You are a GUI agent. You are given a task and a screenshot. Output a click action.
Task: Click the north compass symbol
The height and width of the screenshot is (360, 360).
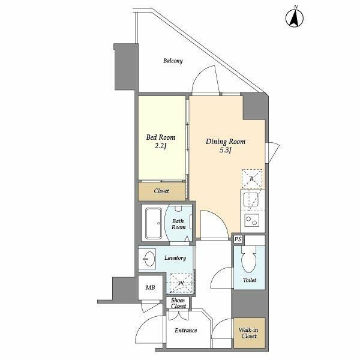tap(295, 17)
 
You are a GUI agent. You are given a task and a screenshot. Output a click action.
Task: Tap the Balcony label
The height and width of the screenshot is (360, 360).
tap(173, 61)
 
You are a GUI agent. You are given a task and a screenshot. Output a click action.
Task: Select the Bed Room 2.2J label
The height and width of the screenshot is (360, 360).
tap(161, 141)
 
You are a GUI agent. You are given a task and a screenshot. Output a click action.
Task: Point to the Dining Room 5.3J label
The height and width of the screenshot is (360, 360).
tap(226, 146)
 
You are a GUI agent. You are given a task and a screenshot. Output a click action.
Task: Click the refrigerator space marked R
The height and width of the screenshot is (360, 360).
tap(252, 179)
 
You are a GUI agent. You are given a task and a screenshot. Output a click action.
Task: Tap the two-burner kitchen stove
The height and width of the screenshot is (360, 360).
tap(251, 220)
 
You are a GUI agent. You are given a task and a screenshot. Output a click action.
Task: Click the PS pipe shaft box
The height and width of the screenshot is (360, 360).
tap(238, 239)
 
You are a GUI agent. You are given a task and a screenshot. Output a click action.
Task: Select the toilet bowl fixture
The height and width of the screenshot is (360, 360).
tap(248, 259)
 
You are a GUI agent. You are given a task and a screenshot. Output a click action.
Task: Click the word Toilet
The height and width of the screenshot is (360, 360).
tap(250, 280)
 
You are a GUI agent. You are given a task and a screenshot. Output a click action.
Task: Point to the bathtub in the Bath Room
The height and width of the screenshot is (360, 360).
tap(154, 223)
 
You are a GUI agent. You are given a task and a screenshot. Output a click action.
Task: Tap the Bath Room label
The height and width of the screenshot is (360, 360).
tap(178, 224)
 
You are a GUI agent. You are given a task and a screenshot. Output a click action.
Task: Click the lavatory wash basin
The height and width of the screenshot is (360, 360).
tap(149, 259)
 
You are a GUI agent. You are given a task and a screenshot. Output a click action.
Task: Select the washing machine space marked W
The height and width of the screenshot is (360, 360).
tap(181, 283)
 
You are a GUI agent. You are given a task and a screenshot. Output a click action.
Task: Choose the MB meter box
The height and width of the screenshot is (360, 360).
tap(151, 287)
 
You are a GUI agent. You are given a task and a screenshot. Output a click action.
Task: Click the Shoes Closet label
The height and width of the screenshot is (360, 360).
tap(178, 303)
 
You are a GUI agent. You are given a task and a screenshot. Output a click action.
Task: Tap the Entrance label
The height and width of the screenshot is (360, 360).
tap(186, 331)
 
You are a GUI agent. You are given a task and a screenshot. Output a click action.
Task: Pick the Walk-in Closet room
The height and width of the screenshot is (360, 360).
tap(250, 332)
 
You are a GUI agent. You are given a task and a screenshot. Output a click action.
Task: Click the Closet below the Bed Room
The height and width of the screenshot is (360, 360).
tap(161, 191)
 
